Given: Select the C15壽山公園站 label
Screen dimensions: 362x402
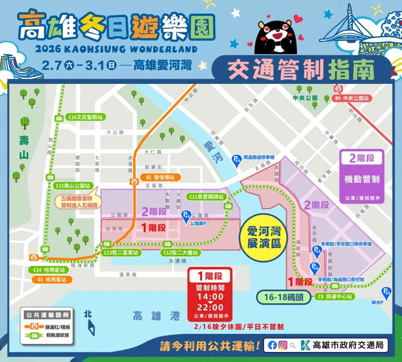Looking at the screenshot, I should tap(73, 186).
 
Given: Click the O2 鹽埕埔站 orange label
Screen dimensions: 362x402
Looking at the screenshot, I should tap(160, 177).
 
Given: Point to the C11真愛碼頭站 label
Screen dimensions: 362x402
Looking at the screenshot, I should tap(207, 197).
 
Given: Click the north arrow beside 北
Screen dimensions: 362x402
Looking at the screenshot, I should tap(91, 328).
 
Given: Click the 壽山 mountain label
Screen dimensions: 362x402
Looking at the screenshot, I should tap(23, 148).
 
